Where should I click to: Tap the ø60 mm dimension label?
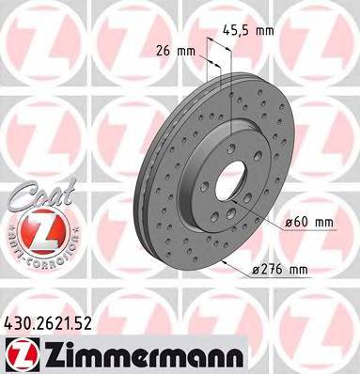(309, 222)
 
